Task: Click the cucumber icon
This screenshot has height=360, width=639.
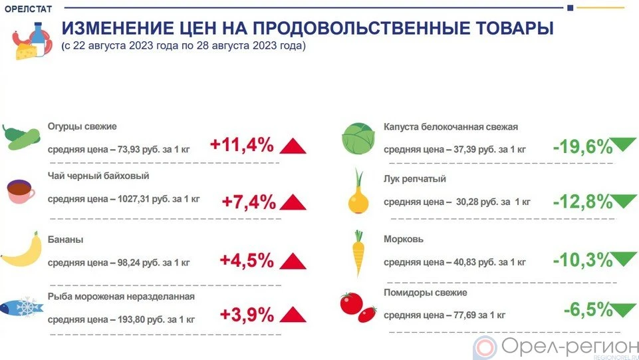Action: coord(21,137)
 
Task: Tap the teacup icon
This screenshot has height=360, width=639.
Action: coord(21,191)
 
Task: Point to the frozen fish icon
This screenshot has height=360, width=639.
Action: coord(21,307)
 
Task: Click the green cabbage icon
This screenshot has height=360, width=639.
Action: coord(358,138)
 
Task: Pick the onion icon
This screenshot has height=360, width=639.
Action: coord(358,192)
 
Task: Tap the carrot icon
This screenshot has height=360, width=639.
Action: coord(358,254)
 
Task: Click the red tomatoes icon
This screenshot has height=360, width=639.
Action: coord(358,307)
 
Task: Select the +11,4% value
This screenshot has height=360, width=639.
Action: coord(241,145)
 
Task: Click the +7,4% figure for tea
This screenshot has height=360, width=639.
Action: coord(249,202)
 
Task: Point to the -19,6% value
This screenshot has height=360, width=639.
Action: coord(582,147)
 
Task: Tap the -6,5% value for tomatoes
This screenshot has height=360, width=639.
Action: coord(588,309)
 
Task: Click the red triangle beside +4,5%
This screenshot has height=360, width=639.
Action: coord(293,262)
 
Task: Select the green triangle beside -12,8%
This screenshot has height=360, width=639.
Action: coord(624,201)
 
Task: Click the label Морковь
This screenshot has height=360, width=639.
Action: coord(404,240)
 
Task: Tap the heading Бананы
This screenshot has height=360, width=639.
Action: coord(65,240)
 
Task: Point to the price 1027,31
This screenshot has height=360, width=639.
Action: coord(133,199)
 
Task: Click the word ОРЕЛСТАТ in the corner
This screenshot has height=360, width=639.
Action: coord(28,9)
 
